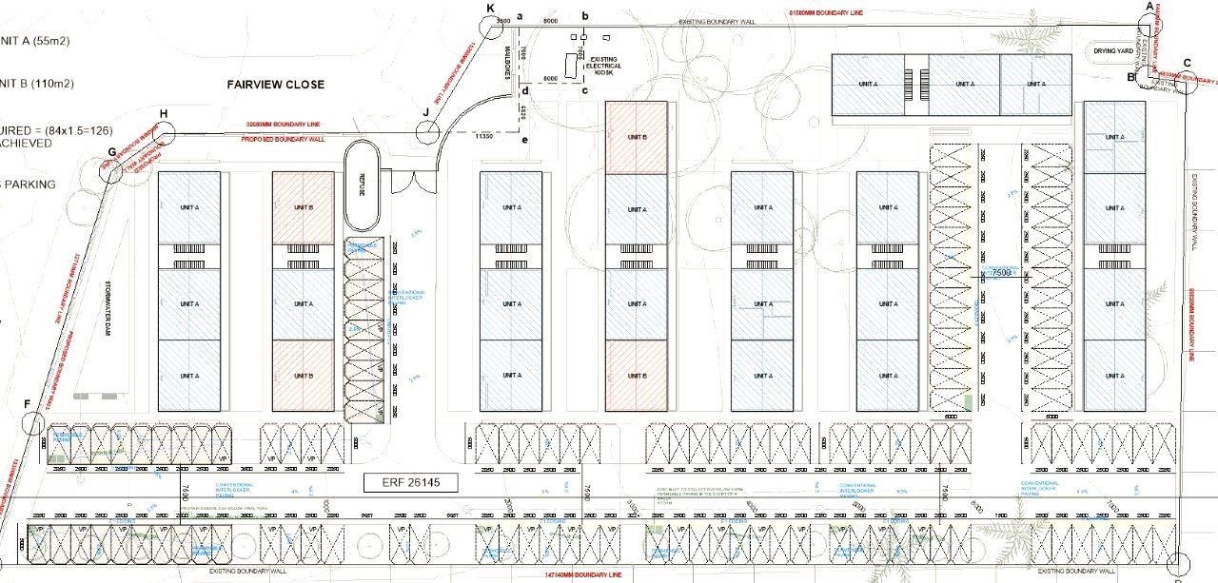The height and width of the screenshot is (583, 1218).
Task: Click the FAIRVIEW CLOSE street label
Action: click(275, 84)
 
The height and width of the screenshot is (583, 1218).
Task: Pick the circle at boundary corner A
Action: click(1149, 25)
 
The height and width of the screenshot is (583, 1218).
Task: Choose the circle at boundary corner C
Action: click(1186, 83)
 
